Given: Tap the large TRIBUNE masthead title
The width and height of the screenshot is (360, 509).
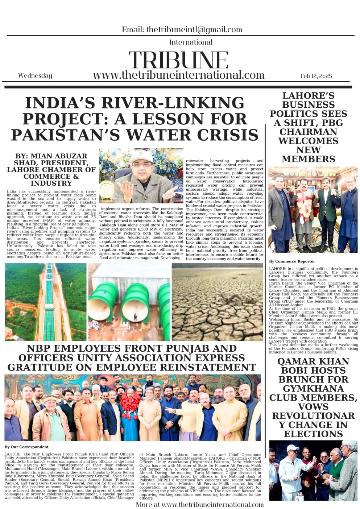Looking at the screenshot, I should pos(178,60).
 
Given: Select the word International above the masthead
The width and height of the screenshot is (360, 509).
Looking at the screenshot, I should pos(191,42).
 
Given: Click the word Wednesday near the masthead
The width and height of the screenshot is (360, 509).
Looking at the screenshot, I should pos(35,75).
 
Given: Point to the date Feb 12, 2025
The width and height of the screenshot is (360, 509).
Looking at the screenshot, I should pos(316,76).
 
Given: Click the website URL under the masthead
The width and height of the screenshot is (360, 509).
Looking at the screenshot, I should pos(178,75).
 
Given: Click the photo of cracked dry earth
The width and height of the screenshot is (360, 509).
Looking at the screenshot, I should pos(218,302).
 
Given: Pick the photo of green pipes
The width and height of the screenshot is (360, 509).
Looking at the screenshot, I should pos(129,302).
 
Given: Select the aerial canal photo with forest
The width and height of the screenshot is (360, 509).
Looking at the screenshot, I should pos(46,302).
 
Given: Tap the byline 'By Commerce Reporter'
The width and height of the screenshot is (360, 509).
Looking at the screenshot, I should pos(292,261).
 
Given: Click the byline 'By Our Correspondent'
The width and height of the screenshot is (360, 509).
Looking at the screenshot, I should pos(26,447).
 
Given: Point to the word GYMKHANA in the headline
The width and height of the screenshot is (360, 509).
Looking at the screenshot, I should pos(313,389).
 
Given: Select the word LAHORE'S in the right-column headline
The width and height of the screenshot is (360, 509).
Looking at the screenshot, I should pos(308,96).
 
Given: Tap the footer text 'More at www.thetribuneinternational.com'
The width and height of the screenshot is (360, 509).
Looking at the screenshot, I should pos(200,504).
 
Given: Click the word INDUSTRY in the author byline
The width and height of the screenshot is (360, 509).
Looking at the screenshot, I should pos(51,183).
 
